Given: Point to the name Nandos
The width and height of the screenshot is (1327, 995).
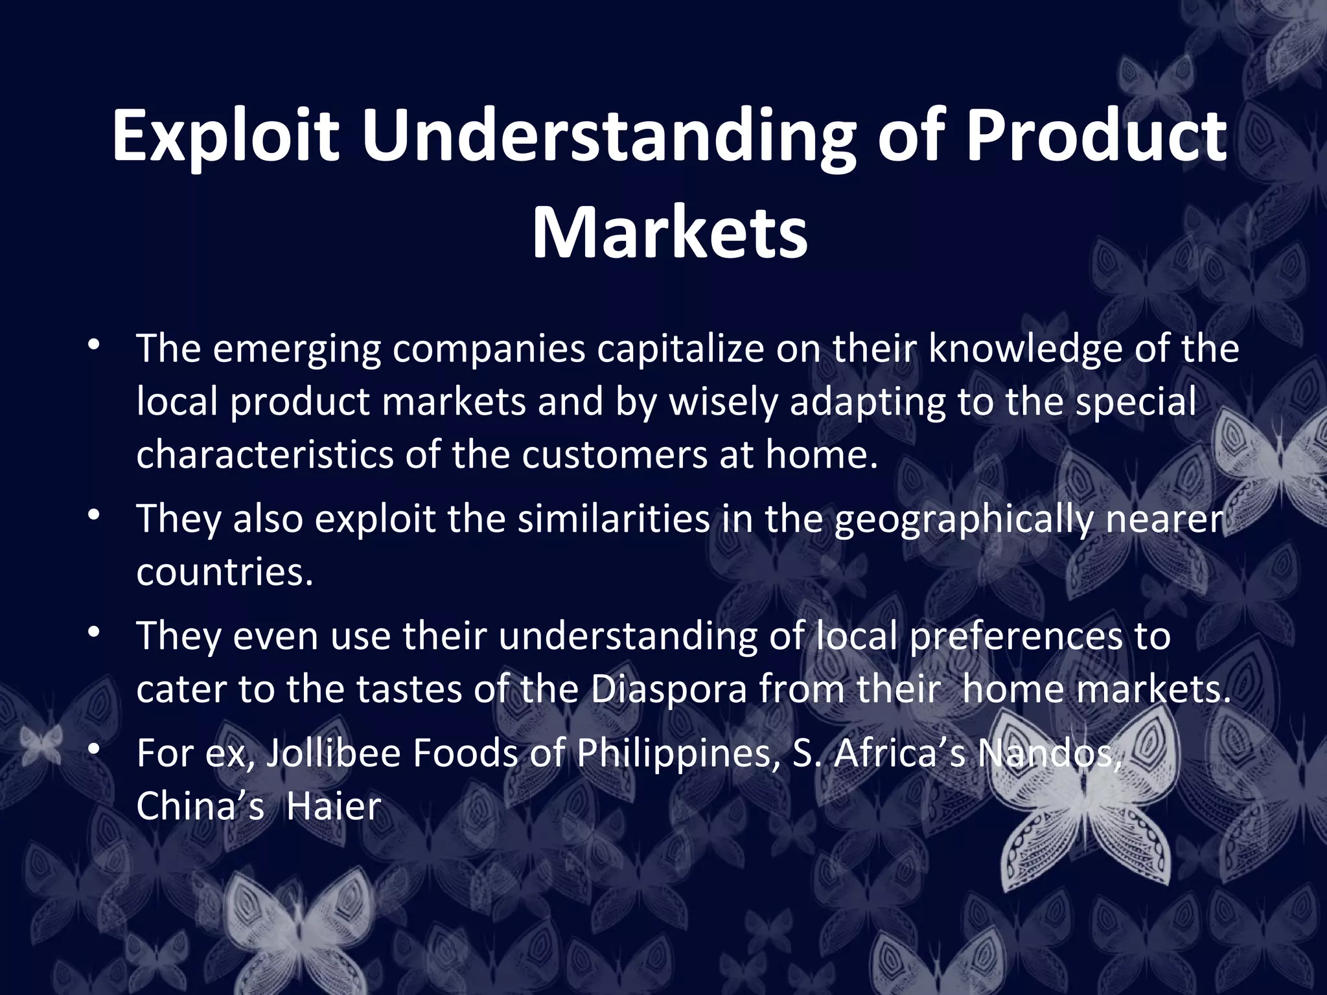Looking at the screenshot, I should [1049, 754].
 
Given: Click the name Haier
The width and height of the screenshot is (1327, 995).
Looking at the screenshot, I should [334, 807].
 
